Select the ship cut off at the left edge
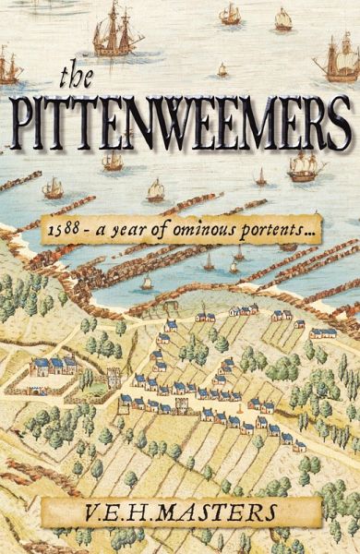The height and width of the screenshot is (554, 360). pyautogui.click(x=8, y=66)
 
